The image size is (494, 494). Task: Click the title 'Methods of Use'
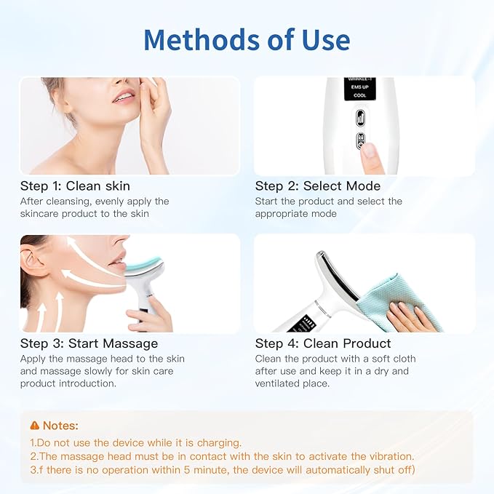[x=247, y=39]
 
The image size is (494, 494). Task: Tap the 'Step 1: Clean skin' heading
[x=76, y=186]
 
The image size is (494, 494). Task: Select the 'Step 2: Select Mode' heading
[x=317, y=186]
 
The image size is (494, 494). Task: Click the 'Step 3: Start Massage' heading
[x=89, y=343]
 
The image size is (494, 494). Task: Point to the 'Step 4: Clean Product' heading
[x=323, y=343]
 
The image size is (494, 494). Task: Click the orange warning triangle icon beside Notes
[x=34, y=426]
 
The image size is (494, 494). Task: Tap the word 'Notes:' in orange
[x=60, y=426]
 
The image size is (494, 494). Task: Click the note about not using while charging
[x=135, y=442]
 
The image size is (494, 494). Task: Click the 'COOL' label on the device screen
[x=359, y=95]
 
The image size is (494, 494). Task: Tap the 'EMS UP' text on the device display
[x=359, y=87]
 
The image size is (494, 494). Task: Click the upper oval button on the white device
[x=359, y=118]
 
